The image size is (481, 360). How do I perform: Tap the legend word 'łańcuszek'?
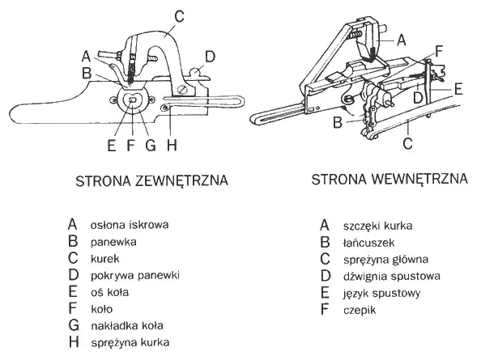(372, 241)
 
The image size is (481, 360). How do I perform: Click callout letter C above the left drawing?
(179, 14)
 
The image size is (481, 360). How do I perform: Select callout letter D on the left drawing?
(210, 56)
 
